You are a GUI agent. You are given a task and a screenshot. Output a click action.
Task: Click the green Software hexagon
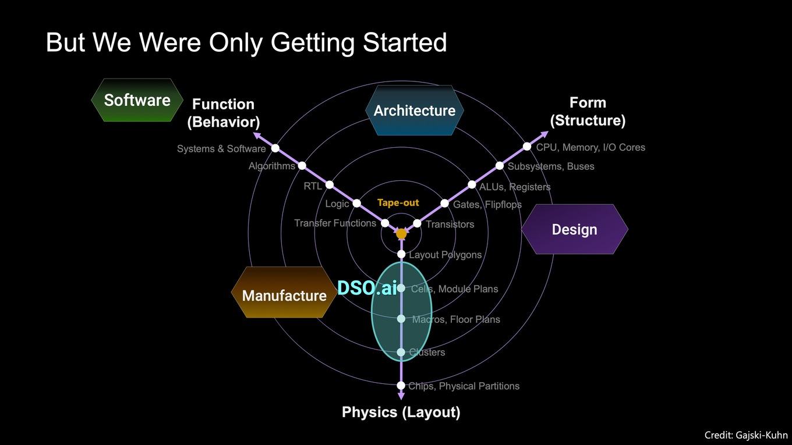(x=137, y=100)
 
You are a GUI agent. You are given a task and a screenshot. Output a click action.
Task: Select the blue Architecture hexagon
(x=415, y=110)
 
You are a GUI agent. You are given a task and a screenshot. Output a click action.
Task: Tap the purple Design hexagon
(x=575, y=229)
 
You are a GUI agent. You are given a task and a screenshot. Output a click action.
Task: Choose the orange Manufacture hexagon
(x=284, y=292)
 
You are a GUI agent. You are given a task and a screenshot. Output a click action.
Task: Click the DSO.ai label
(x=367, y=288)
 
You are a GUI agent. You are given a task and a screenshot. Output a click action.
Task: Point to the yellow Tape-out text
(x=398, y=202)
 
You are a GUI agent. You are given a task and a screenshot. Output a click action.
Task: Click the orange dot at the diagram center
(x=401, y=233)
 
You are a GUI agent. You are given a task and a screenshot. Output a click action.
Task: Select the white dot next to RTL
(x=330, y=185)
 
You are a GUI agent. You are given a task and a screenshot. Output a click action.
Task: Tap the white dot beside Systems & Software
(x=275, y=148)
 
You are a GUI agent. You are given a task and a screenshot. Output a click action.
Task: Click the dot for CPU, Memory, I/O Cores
(x=527, y=146)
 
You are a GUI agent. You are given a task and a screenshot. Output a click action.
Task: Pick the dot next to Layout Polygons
(x=401, y=254)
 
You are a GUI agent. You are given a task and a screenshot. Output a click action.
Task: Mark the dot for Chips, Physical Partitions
(x=401, y=385)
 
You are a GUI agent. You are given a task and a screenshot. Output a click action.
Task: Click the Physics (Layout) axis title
(x=401, y=412)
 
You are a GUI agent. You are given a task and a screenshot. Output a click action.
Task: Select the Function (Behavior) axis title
(x=224, y=113)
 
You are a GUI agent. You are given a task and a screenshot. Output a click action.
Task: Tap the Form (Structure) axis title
(x=588, y=112)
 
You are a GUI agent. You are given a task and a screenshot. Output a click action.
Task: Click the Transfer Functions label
(x=335, y=223)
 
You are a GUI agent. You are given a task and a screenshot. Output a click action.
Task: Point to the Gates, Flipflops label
(x=487, y=205)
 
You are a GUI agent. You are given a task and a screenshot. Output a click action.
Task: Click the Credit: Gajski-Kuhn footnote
(x=746, y=435)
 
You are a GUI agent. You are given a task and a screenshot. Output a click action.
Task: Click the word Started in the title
(x=405, y=42)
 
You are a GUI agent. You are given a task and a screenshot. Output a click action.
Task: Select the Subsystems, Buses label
(x=551, y=166)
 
